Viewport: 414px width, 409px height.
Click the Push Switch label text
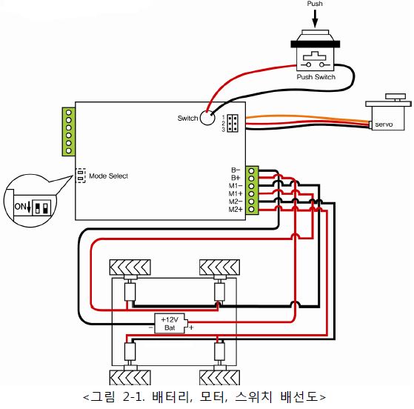[x=316, y=77]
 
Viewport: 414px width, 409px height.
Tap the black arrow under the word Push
[x=315, y=19]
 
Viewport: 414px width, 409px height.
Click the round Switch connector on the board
[x=207, y=118]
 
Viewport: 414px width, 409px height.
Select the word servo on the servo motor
[x=384, y=124]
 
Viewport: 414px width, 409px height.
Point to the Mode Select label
[x=109, y=176]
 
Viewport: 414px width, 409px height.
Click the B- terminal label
[x=236, y=170]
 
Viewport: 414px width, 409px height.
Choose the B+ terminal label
[x=236, y=178]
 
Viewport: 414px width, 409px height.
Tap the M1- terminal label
[x=236, y=186]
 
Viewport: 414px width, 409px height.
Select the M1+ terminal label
[x=236, y=193]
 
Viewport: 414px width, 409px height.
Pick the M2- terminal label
[x=236, y=202]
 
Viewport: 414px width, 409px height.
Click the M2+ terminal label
[x=236, y=210]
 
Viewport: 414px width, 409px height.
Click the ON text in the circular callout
[x=20, y=206]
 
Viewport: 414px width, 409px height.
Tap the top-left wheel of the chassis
[x=130, y=267]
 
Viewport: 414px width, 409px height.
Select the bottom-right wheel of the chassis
[x=219, y=377]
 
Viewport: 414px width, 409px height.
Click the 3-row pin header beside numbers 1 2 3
[x=233, y=123]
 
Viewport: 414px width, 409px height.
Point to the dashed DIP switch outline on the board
[x=81, y=176]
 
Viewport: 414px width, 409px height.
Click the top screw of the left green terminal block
[x=69, y=113]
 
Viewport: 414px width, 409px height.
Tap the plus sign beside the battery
[x=191, y=327]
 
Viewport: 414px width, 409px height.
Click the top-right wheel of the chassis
[x=219, y=267]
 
